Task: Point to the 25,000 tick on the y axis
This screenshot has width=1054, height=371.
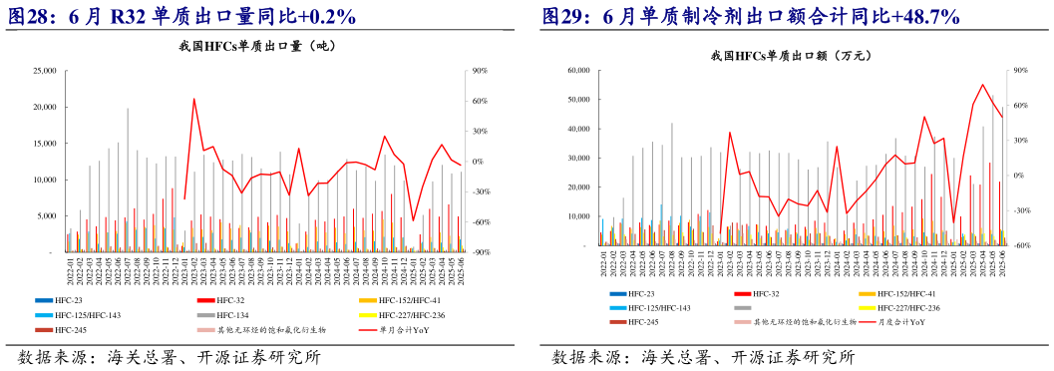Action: pos(44,71)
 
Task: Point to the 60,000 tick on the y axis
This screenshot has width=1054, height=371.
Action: pos(579,71)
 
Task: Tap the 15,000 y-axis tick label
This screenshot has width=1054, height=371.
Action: pos(44,144)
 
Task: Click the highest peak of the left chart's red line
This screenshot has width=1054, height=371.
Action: pos(193,99)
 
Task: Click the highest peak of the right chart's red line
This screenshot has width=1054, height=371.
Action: pos(983,85)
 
